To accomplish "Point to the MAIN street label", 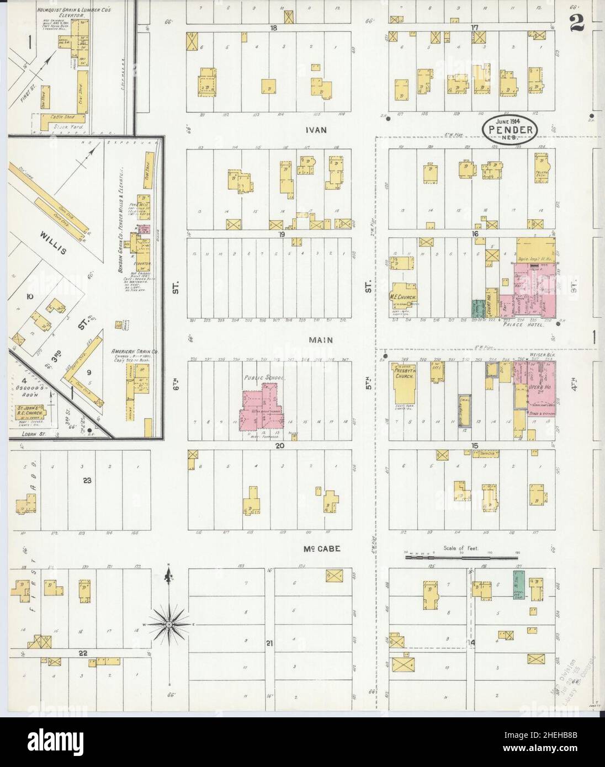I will tap(321, 340).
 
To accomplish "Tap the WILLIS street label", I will tap(52, 243).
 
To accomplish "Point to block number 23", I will tap(87, 480).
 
